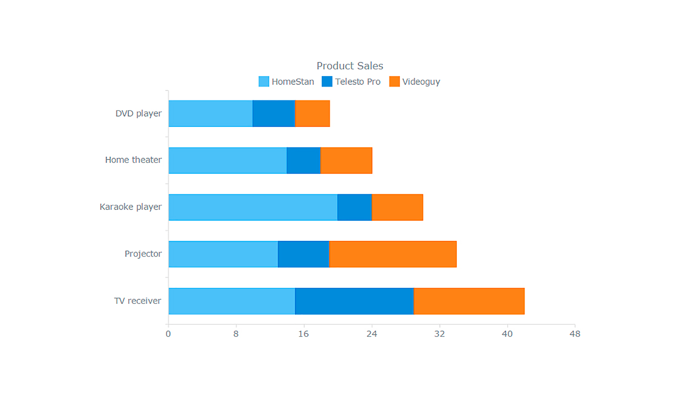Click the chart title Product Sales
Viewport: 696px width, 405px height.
point(349,66)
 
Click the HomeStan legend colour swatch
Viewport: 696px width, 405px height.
point(264,82)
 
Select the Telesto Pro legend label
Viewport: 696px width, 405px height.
point(357,82)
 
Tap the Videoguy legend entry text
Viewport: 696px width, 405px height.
point(421,82)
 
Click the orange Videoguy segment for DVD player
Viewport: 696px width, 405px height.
point(312,114)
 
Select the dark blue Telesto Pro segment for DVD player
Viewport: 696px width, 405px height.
point(274,114)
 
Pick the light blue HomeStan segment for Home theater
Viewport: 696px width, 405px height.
point(228,160)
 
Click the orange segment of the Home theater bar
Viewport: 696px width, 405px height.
point(346,160)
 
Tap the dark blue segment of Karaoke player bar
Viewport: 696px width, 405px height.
point(354,207)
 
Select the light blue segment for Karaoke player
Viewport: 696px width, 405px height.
point(253,207)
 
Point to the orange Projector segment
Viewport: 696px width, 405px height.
point(393,254)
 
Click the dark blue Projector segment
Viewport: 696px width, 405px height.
point(303,254)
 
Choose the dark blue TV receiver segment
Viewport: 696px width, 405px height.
point(354,301)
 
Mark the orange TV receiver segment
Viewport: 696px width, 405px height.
point(469,301)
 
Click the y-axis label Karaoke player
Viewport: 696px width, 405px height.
point(130,207)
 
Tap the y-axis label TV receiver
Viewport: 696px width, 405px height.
point(137,301)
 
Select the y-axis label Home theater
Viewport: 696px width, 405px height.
point(133,160)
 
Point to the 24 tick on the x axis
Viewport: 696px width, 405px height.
point(372,334)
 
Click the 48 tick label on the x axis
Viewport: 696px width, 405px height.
point(574,334)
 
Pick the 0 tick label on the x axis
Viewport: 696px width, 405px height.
point(168,334)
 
